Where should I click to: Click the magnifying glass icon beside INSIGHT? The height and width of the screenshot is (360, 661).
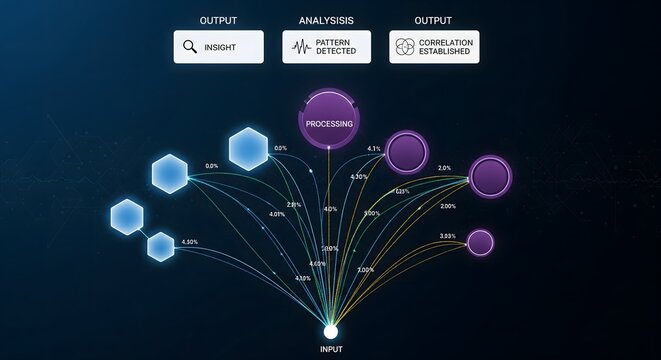(190, 46)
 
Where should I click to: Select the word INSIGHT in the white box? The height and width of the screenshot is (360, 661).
(221, 46)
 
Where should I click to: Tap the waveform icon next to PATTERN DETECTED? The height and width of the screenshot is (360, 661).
(299, 46)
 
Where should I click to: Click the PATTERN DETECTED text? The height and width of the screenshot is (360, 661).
(335, 46)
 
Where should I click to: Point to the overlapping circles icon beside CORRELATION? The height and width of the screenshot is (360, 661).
(405, 46)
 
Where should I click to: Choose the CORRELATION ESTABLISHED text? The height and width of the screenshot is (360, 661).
(445, 46)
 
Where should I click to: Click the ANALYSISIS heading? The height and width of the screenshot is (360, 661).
(325, 20)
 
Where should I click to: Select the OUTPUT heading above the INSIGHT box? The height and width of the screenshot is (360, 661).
(218, 20)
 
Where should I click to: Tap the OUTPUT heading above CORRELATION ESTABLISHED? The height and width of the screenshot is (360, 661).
(434, 20)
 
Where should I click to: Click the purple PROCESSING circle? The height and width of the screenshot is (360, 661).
(329, 123)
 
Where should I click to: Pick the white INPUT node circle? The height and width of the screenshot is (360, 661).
(331, 331)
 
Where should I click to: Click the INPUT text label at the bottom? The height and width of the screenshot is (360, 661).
(331, 349)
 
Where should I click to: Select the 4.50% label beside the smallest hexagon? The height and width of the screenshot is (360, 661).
(190, 242)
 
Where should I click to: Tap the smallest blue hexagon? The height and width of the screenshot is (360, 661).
(160, 246)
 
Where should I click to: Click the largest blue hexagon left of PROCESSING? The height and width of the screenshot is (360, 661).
(247, 148)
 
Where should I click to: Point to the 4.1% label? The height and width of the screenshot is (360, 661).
(373, 149)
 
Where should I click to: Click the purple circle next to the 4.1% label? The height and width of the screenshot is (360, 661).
(407, 153)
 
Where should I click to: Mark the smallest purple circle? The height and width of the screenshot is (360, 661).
(480, 242)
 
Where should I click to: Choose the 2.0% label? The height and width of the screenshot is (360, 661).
(444, 168)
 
